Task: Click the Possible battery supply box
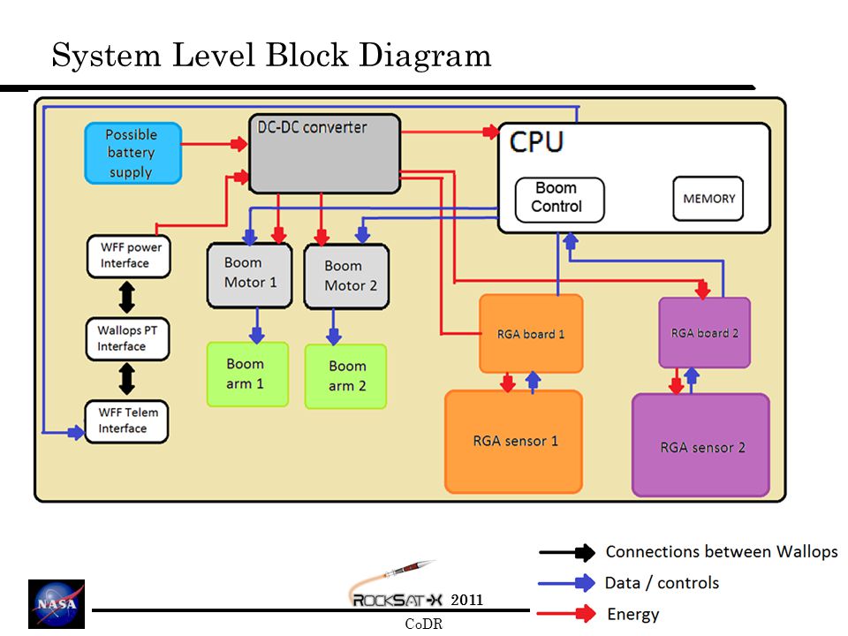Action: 133,153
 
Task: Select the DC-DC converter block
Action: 324,154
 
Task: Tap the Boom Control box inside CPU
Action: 560,200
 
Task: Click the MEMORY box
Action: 708,199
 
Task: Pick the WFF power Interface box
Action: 129,256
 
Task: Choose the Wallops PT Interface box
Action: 127,339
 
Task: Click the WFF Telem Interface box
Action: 126,421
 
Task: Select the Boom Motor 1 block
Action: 250,276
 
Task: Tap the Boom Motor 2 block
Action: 346,276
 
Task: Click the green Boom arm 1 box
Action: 247,375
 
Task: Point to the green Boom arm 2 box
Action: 345,376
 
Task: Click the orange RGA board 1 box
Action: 531,334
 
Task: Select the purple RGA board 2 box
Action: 705,333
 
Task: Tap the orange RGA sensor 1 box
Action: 514,442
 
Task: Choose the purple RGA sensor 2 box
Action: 700,445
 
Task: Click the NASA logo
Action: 57,603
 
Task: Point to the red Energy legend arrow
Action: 566,613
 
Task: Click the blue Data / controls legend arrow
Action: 566,583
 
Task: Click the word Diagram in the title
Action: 425,56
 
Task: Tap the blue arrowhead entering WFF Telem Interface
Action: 77,432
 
